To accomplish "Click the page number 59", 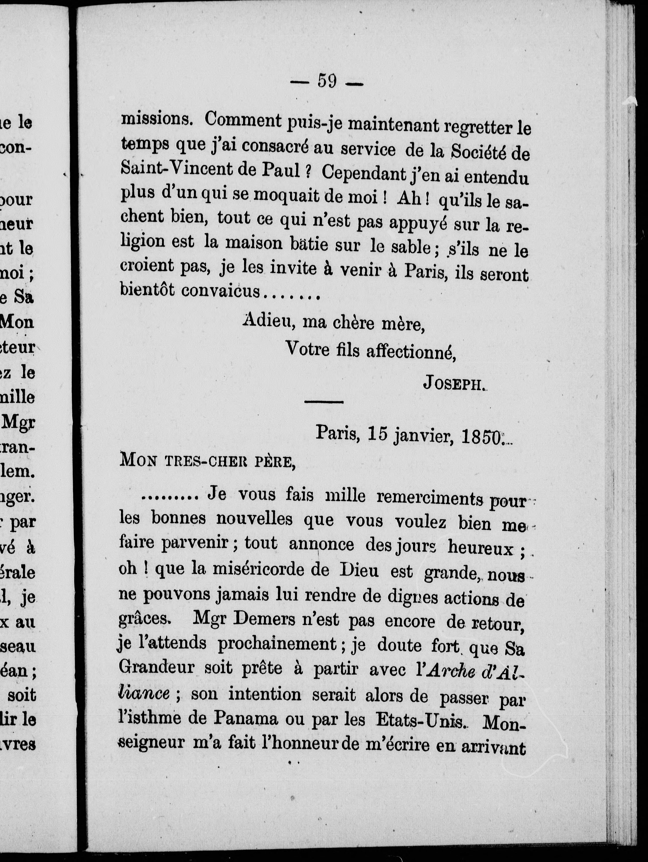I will click(x=327, y=81).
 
